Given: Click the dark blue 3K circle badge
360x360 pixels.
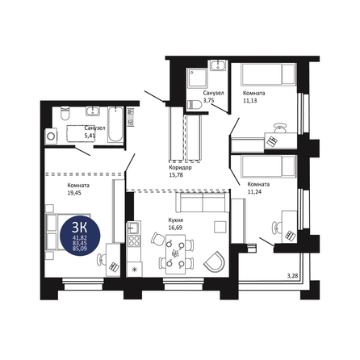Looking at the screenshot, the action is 80,236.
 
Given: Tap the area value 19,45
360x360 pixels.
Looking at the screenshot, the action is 74,193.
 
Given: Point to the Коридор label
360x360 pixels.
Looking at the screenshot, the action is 180,168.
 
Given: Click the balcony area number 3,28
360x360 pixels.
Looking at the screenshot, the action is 293,275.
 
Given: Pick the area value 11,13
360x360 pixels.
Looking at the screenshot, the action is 250,101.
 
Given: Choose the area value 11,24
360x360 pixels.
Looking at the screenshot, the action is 254,192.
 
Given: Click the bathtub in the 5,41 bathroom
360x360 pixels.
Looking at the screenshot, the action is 115,124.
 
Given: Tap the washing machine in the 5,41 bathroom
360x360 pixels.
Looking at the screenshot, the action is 51,136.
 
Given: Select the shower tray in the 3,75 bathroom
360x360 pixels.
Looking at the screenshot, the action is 198,77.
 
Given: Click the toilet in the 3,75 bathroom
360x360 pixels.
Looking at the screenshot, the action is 195,105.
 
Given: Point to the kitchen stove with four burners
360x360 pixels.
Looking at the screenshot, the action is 134,241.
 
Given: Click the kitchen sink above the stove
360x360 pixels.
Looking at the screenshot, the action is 134,228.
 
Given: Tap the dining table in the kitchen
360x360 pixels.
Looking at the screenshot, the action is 175,254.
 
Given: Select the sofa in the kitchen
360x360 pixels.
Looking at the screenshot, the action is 200,203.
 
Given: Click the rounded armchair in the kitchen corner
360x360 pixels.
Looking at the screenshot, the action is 214,262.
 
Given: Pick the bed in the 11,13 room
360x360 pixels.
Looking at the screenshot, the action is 269,74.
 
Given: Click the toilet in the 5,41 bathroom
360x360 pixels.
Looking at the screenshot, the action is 65,113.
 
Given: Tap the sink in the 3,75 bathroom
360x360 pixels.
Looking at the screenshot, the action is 218,65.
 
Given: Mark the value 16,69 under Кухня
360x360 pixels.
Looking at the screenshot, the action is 175,228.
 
